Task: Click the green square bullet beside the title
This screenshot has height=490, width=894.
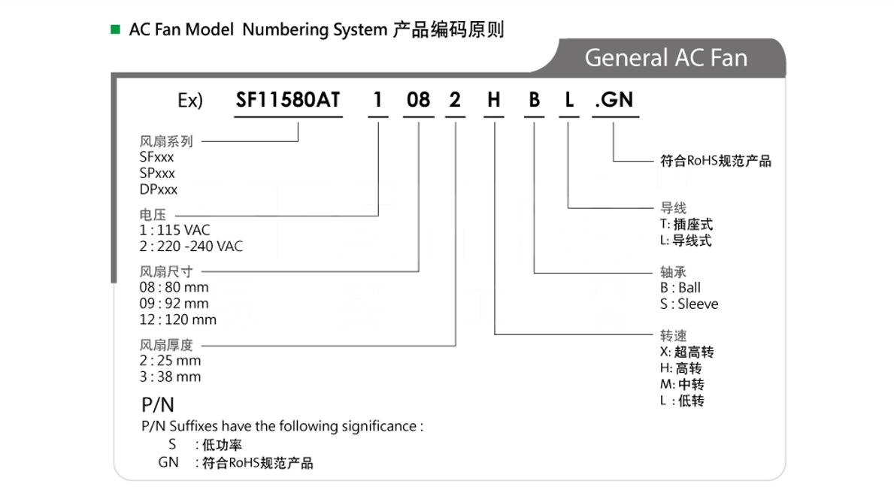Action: pos(115,29)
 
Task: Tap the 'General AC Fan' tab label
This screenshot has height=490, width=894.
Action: pos(665,58)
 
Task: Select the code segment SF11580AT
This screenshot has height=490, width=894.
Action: pos(288,100)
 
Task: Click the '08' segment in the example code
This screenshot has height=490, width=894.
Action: pos(418,100)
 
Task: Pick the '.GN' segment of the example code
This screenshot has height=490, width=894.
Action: pos(614,100)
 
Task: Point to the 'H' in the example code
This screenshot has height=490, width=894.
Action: pos(494,100)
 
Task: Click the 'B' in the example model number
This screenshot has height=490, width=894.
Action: pos(535,100)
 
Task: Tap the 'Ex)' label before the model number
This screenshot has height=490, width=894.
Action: pos(190,100)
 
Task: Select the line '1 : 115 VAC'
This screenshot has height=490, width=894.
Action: pos(174,230)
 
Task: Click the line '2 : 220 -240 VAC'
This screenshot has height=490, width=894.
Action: pos(191,247)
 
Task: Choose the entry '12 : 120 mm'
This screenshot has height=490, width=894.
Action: pos(178,319)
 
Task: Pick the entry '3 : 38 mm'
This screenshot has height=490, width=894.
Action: pos(170,377)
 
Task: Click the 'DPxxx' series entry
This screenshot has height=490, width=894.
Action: pos(159,189)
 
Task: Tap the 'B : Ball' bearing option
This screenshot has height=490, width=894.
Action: pos(680,288)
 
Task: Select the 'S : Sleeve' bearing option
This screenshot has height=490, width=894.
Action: pos(689,304)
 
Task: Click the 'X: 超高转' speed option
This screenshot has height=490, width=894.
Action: pos(687,352)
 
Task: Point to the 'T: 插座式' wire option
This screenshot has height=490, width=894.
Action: pos(686,225)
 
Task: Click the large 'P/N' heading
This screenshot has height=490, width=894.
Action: pos(157,405)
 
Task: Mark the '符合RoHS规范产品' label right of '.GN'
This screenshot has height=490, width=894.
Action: pos(716,161)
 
